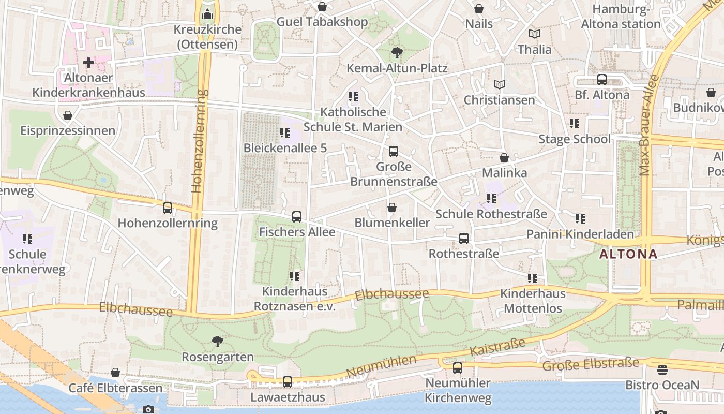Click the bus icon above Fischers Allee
click(x=297, y=217)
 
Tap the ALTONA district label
click(x=628, y=254)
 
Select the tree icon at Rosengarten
click(x=218, y=342)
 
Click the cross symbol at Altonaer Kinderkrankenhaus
click(x=88, y=63)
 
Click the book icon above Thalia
click(x=535, y=34)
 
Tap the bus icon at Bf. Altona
click(x=602, y=80)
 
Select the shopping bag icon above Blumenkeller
click(x=392, y=208)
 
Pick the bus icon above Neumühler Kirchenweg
click(x=458, y=368)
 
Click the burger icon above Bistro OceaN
click(x=662, y=370)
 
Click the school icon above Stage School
click(x=575, y=124)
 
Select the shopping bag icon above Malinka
click(x=504, y=158)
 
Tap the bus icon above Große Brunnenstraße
click(x=394, y=152)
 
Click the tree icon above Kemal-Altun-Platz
click(x=397, y=52)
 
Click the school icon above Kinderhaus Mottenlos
click(x=533, y=278)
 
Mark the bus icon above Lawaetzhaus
click(x=288, y=382)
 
